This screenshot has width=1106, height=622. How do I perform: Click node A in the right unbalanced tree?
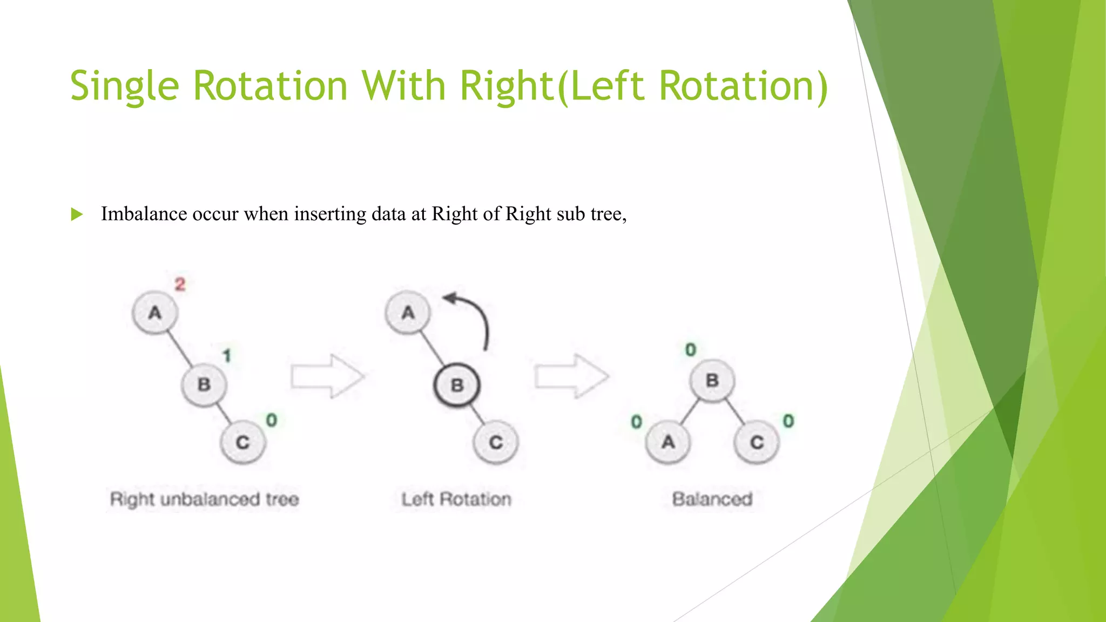[155, 313]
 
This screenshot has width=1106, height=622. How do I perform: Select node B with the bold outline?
[457, 385]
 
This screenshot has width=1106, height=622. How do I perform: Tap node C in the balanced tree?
[757, 443]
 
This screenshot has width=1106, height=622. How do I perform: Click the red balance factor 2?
[180, 284]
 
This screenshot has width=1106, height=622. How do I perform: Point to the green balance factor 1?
[227, 355]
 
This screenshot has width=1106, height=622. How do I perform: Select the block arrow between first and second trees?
[327, 376]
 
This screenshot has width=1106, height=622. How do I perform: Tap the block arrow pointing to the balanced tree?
[571, 376]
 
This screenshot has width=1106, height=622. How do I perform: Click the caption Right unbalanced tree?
[204, 499]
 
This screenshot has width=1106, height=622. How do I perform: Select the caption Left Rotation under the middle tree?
[456, 499]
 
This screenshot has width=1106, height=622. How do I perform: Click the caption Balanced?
[712, 499]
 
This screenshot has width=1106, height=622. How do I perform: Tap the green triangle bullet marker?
[77, 214]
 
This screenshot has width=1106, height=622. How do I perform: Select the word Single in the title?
[124, 86]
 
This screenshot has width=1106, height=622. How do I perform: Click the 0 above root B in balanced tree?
[690, 350]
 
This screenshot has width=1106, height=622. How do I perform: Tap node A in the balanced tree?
[668, 443]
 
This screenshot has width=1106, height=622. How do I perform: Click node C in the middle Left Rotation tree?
[496, 443]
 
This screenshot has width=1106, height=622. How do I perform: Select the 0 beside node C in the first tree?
[271, 420]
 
